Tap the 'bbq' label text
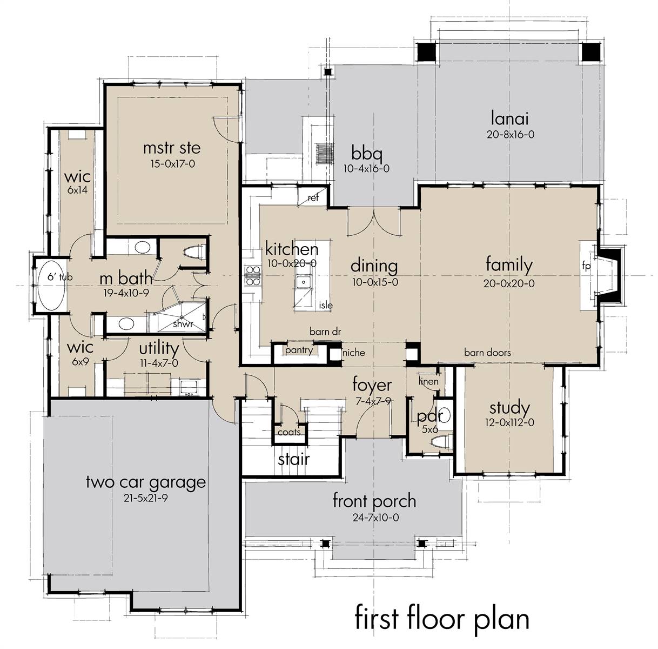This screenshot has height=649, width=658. tap(367, 153)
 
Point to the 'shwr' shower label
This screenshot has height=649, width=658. tap(183, 324)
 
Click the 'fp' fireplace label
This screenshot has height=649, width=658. tap(586, 266)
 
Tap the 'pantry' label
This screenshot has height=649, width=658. tap(299, 350)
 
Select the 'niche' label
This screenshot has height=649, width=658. tap(353, 352)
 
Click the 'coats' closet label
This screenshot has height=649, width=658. tap(289, 432)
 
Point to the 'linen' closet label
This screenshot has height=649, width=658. tap(428, 381)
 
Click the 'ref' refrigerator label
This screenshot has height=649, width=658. tap(313, 197)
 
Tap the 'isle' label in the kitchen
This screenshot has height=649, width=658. tap(326, 305)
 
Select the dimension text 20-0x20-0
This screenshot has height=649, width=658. tap(509, 283)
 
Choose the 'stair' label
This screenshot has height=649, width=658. tap(294, 459)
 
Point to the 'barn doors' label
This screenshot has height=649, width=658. tap(488, 353)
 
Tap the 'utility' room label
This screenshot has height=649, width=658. tap(159, 349)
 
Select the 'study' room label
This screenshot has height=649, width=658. tap(509, 408)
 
